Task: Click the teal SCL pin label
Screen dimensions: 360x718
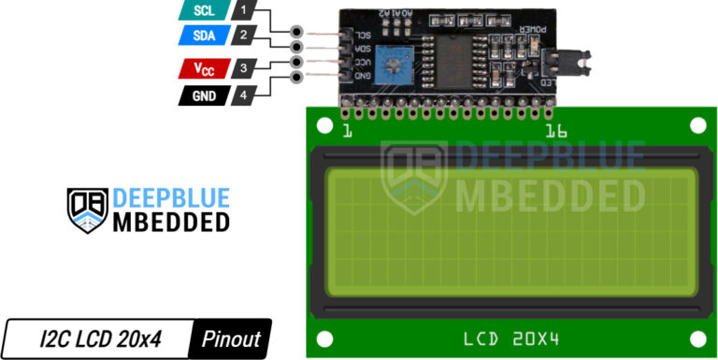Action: coord(204,11)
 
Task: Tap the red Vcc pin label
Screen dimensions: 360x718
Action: coord(203,68)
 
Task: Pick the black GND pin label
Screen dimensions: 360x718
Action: coord(203,95)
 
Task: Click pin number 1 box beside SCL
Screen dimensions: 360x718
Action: coord(243,11)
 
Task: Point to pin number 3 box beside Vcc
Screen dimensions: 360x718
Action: coord(243,68)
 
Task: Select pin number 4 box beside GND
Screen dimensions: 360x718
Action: coord(243,95)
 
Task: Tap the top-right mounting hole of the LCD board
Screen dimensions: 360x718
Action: coord(697,124)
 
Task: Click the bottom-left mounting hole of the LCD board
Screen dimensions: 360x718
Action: coord(323,338)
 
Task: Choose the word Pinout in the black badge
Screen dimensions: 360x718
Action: coord(231,338)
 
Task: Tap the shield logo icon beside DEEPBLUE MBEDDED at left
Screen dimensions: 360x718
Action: coord(87,209)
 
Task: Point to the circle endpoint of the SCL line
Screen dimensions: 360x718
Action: coord(297,32)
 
